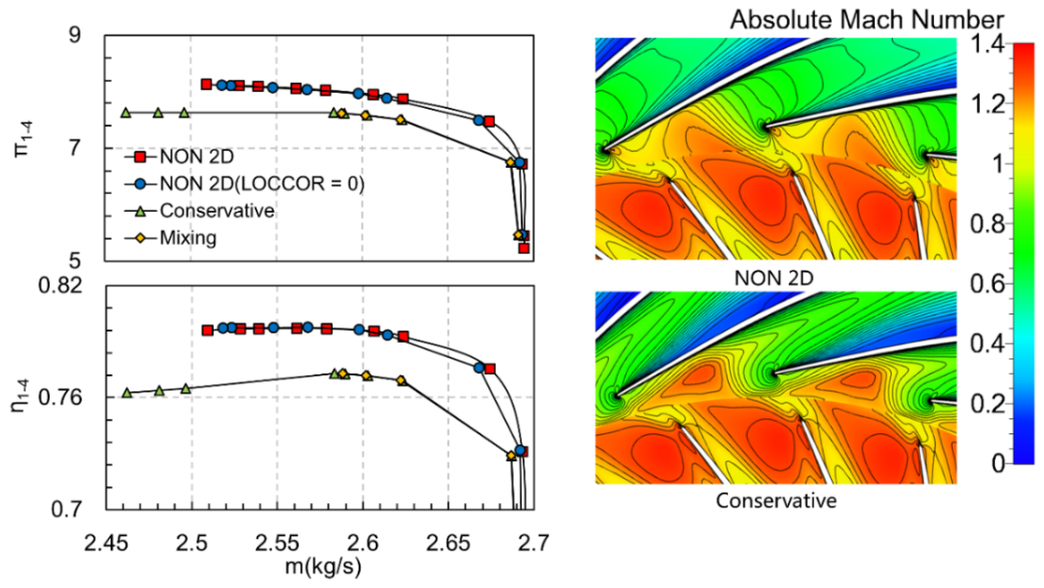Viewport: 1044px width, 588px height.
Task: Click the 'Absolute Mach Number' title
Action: [x=867, y=20]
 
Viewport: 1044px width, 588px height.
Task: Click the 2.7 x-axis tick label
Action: [x=533, y=543]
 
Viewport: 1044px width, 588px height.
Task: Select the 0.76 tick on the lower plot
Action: [x=60, y=398]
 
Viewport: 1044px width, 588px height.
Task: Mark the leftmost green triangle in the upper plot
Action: [x=126, y=113]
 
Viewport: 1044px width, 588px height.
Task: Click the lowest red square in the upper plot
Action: [x=524, y=248]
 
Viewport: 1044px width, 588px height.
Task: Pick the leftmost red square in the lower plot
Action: [x=207, y=330]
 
